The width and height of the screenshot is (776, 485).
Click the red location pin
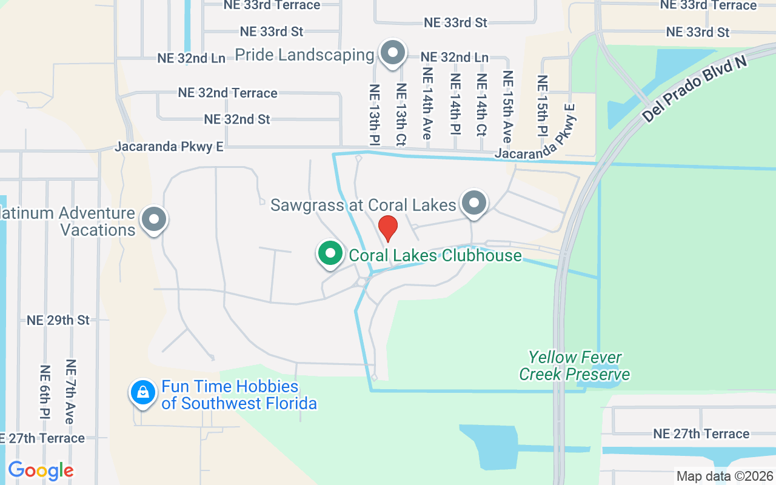[x=388, y=228]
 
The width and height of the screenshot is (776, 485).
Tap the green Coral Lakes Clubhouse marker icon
[x=330, y=254]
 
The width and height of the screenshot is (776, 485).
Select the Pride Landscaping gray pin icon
[x=393, y=53]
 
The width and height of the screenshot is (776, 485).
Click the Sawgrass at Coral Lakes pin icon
[x=474, y=203]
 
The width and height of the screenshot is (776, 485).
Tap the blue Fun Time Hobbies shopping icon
[x=142, y=393]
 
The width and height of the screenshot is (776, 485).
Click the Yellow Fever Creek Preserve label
[x=574, y=366]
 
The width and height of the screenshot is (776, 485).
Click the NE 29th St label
[x=58, y=320]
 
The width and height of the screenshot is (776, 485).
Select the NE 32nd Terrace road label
[x=228, y=93]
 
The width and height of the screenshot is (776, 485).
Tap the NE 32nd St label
[x=237, y=119]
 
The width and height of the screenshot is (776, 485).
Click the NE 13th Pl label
[x=374, y=115]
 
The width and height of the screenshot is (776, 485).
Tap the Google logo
[x=41, y=470]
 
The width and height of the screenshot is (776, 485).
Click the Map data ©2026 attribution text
[x=725, y=476]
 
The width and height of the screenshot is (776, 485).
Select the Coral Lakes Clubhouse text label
[x=435, y=255]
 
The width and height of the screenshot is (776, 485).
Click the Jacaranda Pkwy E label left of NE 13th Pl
[x=170, y=147]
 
